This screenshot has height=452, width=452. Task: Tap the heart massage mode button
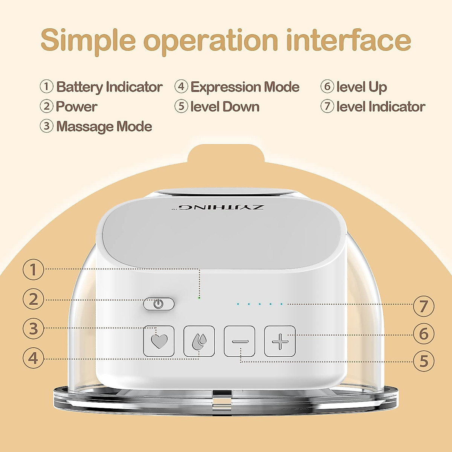click(x=159, y=341)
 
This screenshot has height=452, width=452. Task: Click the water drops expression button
click(x=199, y=341)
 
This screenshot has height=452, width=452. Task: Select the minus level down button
click(x=240, y=341)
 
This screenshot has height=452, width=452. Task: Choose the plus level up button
click(x=280, y=341)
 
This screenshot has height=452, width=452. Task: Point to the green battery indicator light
click(x=199, y=298)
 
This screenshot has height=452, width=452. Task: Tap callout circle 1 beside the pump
click(x=33, y=270)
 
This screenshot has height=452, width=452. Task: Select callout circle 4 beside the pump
click(x=33, y=358)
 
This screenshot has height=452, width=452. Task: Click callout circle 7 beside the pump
click(x=424, y=306)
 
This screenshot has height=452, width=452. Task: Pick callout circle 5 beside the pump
click(x=424, y=361)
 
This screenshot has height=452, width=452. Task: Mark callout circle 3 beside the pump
click(x=33, y=328)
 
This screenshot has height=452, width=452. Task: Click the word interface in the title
click(x=348, y=40)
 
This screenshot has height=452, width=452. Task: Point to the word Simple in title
click(x=88, y=40)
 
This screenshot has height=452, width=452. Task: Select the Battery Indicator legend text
click(x=109, y=87)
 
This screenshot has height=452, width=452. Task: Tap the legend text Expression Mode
click(x=245, y=87)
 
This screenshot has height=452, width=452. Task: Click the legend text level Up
click(x=362, y=87)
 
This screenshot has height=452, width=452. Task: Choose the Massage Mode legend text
click(x=104, y=127)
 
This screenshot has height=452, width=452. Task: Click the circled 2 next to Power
click(x=46, y=106)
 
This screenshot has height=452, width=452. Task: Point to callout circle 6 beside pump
click(x=424, y=334)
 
